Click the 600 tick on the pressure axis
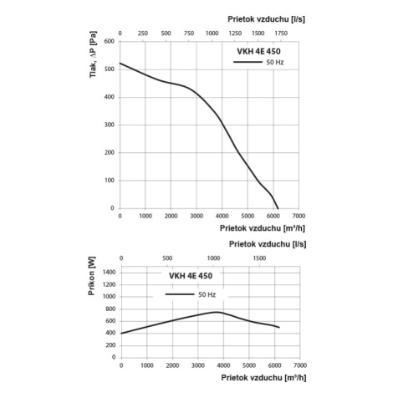109,41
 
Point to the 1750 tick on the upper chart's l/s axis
281,33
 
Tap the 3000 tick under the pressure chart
196,216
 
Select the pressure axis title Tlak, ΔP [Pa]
93,54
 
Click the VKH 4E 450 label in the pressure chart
258,51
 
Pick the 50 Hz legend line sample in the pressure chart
248,62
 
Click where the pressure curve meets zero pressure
278,208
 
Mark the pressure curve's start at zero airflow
120,64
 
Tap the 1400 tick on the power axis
109,273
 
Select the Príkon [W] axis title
91,276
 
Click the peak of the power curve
217,312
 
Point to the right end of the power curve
279,327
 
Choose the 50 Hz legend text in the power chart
207,294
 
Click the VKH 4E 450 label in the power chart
191,276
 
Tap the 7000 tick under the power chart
300,365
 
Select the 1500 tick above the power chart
259,258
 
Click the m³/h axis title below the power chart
263,378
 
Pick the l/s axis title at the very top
266,19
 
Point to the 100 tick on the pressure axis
109,181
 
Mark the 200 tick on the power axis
110,345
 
